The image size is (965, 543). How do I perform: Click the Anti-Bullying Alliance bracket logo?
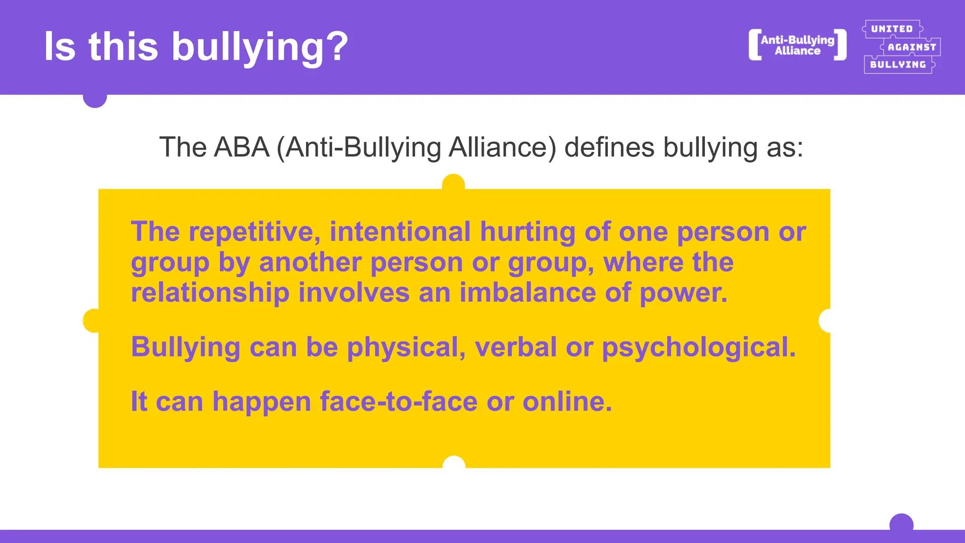pos(797,45)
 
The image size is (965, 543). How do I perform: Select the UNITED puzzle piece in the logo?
pos(891,29)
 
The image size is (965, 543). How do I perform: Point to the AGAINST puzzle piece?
pos(911,47)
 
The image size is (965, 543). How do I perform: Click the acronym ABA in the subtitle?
pos(241,147)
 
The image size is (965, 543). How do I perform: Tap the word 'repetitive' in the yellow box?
pos(254,231)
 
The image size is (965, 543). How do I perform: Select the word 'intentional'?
pos(400,231)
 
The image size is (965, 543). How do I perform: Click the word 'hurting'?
pos(528,231)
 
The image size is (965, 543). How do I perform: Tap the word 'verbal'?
pos(516,347)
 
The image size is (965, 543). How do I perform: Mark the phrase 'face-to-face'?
pos(399,402)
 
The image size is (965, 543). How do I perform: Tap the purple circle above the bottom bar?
pos(901,522)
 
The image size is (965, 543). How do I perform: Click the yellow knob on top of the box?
pos(453,183)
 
